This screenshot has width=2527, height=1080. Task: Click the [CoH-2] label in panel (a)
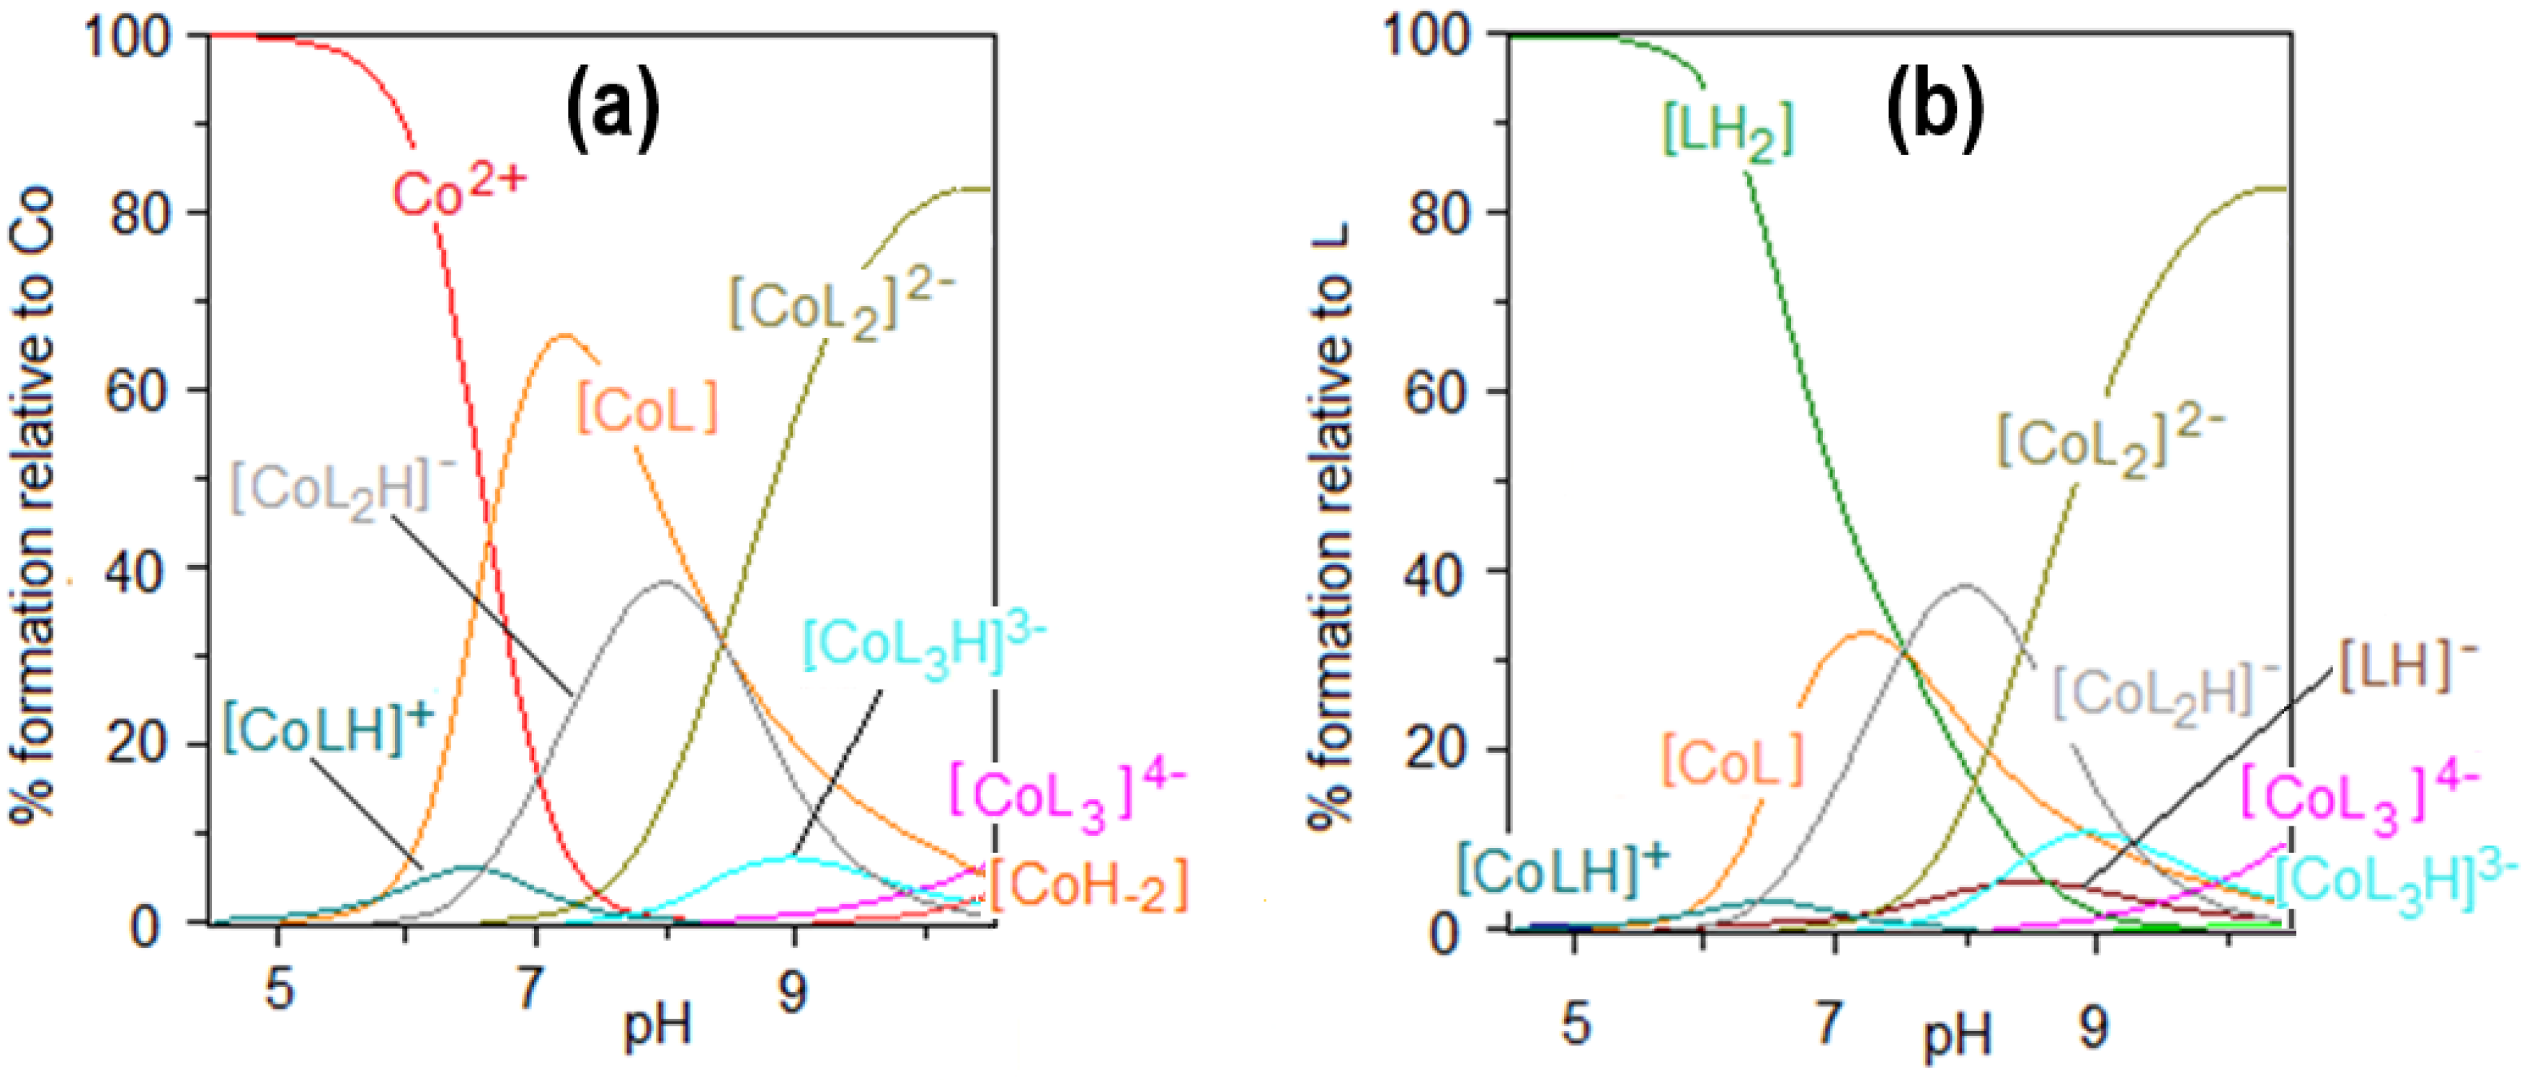click(1089, 885)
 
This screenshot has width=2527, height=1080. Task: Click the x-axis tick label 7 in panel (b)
click(1826, 1025)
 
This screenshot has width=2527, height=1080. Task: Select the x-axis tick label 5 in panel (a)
click(279, 988)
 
